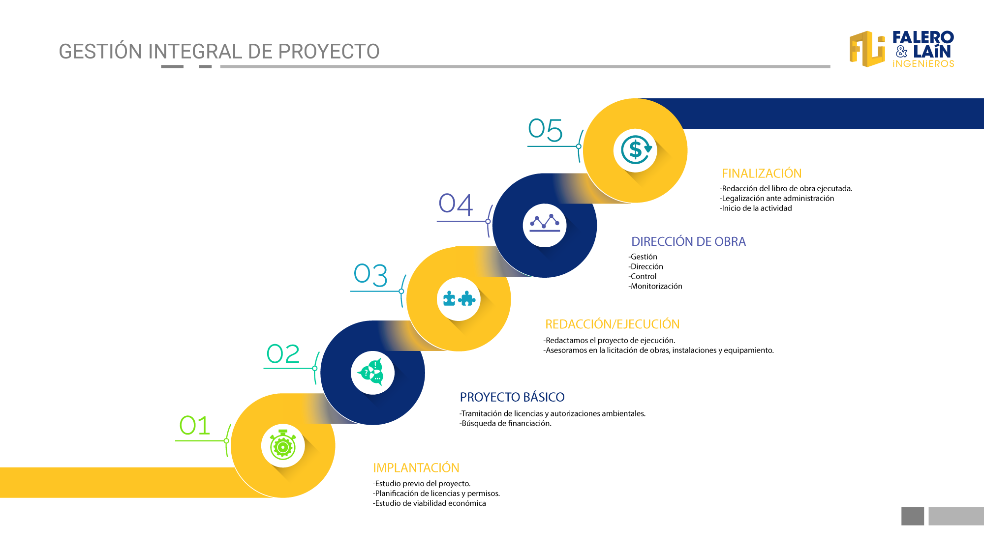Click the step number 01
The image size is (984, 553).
pos(194,426)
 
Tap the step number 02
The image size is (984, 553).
pos(283,354)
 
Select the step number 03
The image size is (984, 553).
pos(370,275)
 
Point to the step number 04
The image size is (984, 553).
pos(456,204)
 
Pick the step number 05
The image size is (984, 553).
pos(545,130)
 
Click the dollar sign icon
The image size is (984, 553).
pos(636,149)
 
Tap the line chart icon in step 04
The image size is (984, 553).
pos(545,223)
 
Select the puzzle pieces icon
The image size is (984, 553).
pos(459,298)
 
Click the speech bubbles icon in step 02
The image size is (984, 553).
pos(372,372)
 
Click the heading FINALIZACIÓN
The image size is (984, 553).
pos(762,173)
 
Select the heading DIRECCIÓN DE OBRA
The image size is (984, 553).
pos(688,241)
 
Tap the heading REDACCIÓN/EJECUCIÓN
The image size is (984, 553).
pos(612,324)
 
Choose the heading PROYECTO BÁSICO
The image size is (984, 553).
pos(512,397)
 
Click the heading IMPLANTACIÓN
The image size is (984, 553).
pos(416,467)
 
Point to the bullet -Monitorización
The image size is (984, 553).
pos(655,286)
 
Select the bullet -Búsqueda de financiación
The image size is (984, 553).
pos(505,423)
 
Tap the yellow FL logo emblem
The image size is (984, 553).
pos(867,49)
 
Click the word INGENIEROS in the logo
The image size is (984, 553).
pos(923,64)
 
